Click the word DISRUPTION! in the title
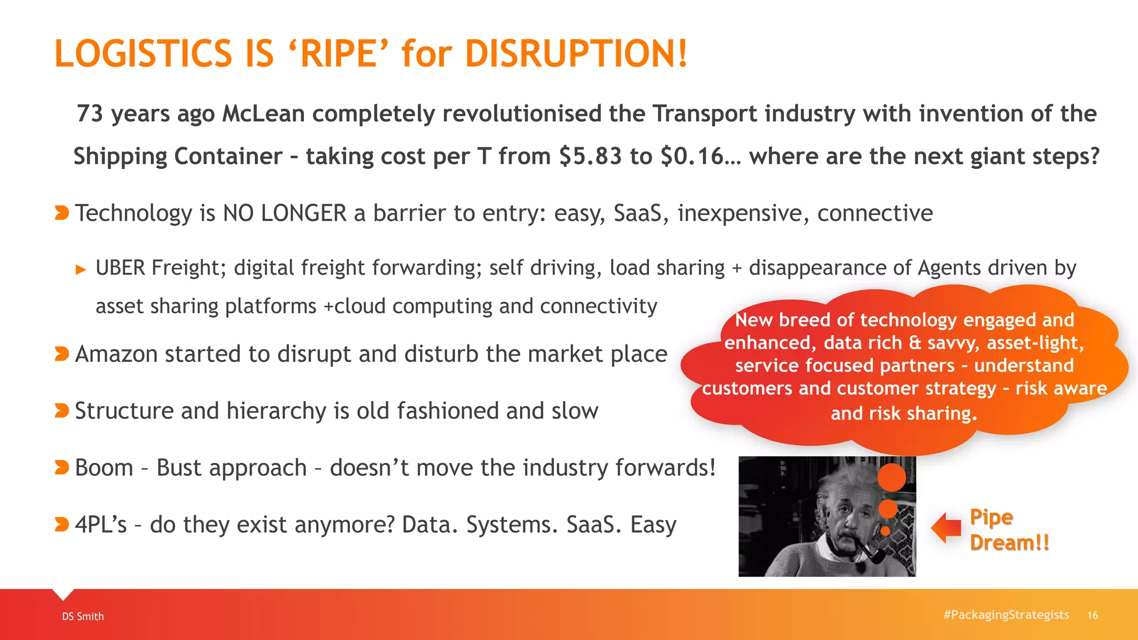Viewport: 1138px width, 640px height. click(576, 54)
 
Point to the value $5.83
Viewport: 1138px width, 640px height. click(590, 156)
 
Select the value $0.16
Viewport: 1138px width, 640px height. click(692, 156)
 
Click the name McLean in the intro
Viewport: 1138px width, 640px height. click(263, 114)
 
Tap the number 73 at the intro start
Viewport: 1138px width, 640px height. click(90, 114)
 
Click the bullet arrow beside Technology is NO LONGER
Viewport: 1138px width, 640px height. click(62, 213)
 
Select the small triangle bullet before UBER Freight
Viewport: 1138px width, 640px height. click(81, 270)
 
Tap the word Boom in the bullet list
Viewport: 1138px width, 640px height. click(104, 468)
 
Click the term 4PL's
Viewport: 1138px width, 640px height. click(101, 524)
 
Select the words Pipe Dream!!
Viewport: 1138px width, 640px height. click(1009, 529)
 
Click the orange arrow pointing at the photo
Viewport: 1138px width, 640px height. click(946, 528)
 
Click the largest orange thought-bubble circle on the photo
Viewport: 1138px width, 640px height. click(891, 477)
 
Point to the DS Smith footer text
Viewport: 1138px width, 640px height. click(83, 616)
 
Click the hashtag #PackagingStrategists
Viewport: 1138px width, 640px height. click(1006, 614)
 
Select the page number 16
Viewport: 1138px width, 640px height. click(1092, 615)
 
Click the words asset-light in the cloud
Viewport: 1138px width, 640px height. click(1034, 343)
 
